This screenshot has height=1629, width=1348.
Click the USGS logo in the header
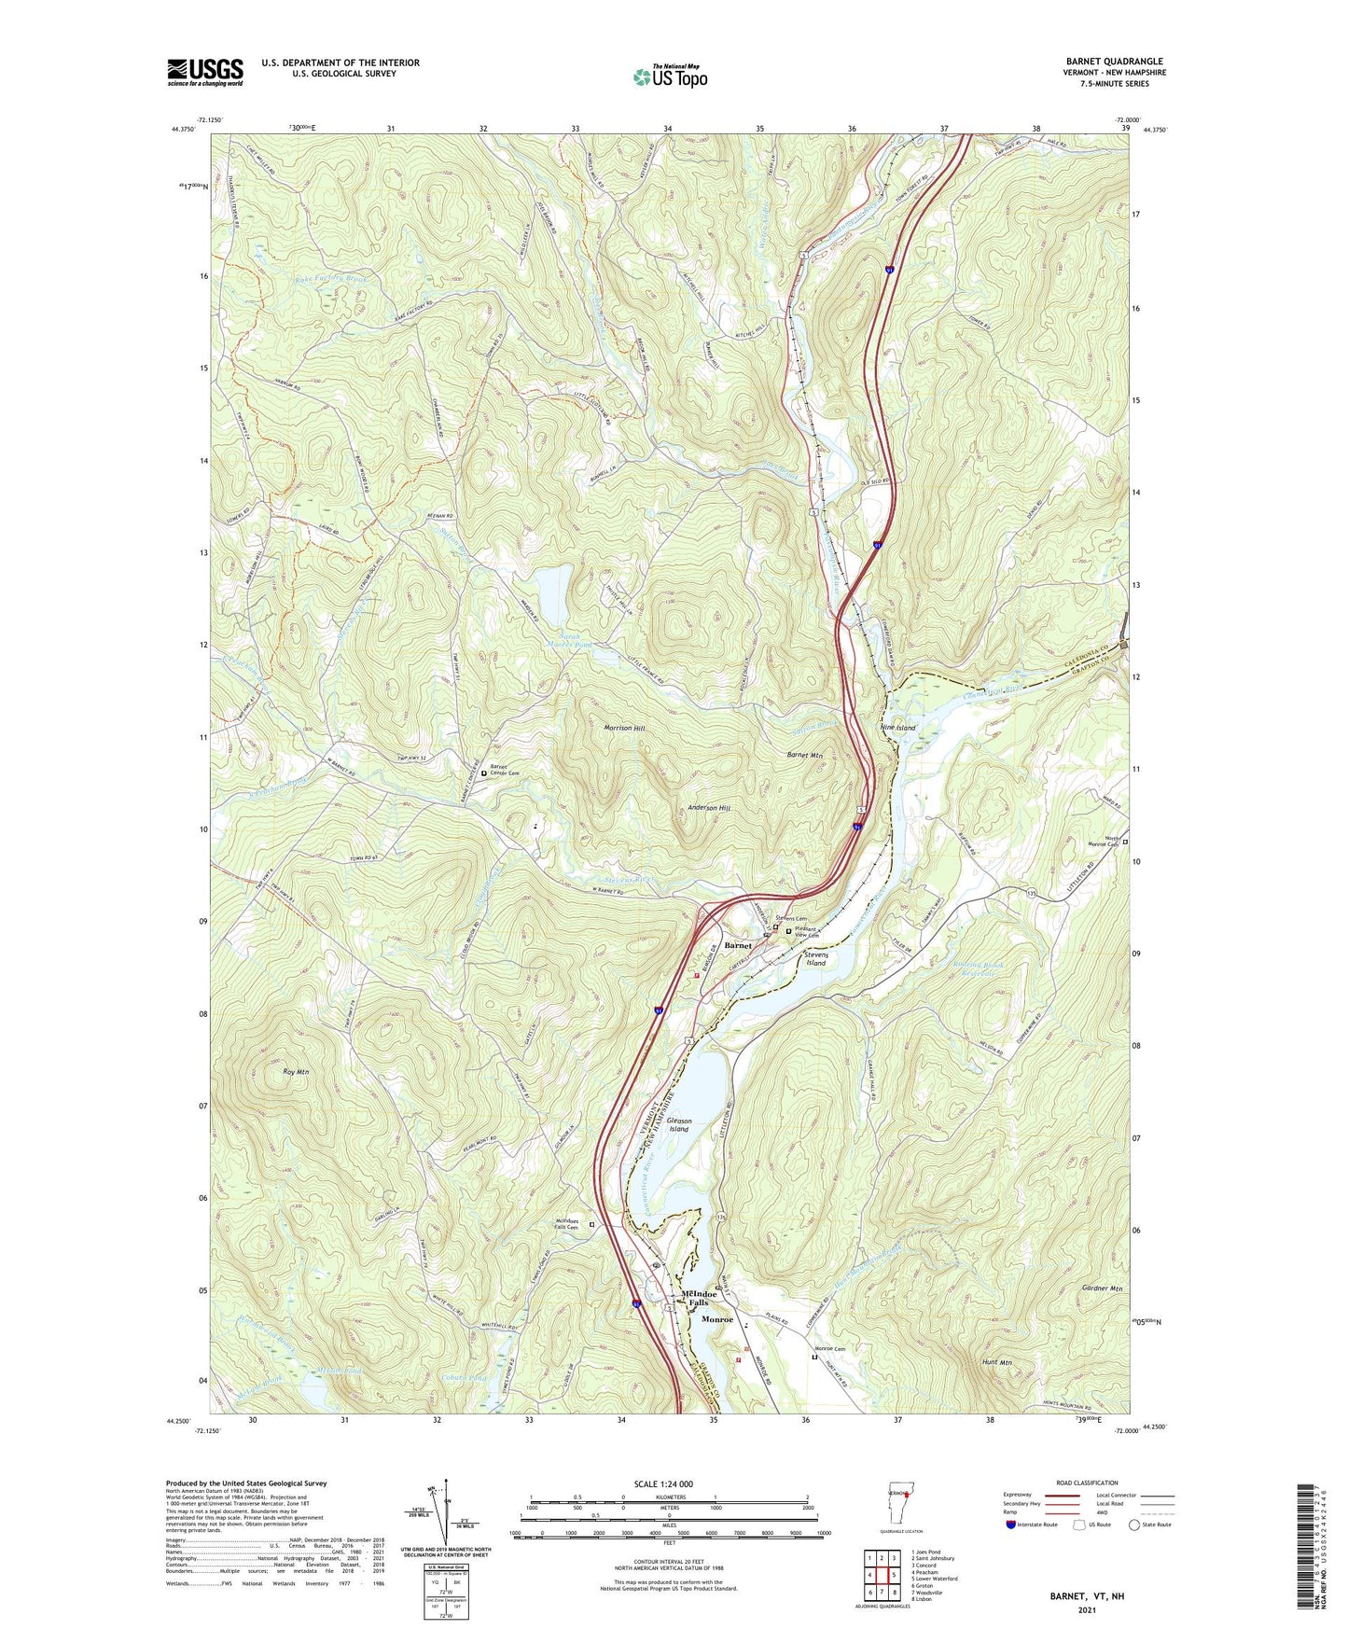click(x=205, y=72)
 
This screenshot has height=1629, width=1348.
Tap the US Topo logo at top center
click(x=670, y=77)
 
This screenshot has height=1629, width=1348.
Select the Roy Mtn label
click(x=295, y=1072)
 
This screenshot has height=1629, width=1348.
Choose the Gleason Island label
click(x=678, y=1124)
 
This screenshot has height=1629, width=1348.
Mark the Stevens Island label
click(x=815, y=958)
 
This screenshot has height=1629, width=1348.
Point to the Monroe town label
click(x=717, y=1320)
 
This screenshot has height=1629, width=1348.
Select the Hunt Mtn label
click(x=996, y=1362)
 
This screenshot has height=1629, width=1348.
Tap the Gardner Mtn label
click(x=1104, y=1288)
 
